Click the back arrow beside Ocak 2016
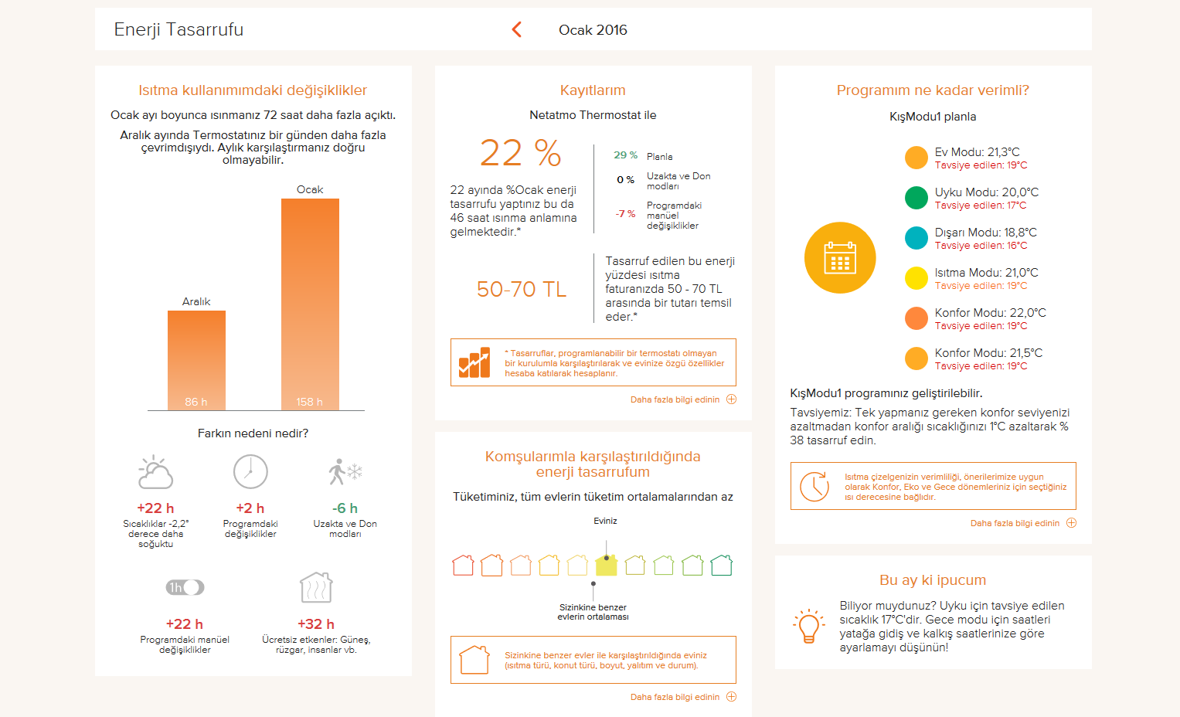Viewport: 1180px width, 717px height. (517, 29)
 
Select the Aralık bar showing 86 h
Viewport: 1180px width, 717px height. (196, 360)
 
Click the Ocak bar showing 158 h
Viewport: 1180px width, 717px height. (310, 304)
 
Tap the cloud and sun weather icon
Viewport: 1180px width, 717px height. (155, 471)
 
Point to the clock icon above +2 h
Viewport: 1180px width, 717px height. (250, 471)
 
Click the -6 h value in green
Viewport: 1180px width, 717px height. (345, 508)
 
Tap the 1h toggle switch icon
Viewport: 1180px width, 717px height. (185, 587)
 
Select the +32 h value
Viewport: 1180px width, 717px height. (316, 624)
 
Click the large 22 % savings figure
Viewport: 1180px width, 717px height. (521, 153)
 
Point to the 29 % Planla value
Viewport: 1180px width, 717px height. (625, 155)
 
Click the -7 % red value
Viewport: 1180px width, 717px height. (625, 213)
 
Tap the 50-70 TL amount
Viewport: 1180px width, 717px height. (522, 289)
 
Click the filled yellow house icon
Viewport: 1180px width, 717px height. (607, 565)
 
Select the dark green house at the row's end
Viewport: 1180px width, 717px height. (721, 565)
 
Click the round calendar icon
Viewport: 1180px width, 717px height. (840, 257)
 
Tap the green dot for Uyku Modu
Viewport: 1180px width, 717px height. (916, 198)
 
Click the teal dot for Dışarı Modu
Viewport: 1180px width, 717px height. (916, 238)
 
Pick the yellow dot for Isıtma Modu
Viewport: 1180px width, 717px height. (916, 278)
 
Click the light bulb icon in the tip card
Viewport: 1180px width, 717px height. (808, 626)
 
